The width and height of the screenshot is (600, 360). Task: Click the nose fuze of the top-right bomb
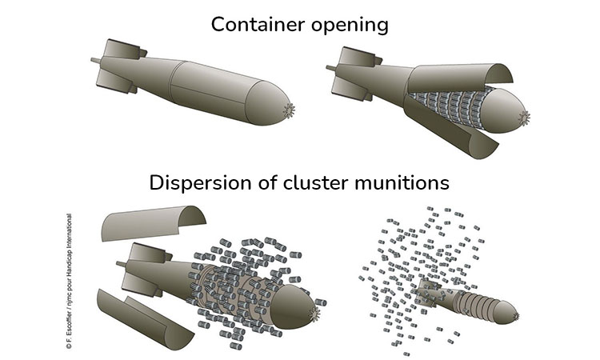click(526, 118)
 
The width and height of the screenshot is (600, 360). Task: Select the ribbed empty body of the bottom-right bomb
click(472, 302)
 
